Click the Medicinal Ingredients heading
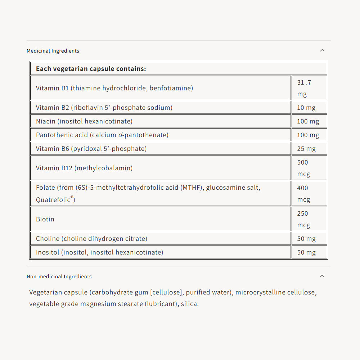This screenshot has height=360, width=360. click(x=53, y=51)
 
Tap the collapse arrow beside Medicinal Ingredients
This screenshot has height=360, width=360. click(x=322, y=50)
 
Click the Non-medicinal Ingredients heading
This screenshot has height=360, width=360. click(x=59, y=276)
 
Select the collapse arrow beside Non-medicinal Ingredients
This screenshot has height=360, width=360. click(x=322, y=276)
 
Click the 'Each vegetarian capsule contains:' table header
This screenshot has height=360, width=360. click(x=91, y=68)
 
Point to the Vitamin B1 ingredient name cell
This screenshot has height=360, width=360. click(x=114, y=88)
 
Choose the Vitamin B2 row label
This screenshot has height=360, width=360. click(x=104, y=107)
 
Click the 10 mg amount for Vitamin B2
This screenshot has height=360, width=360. click(x=306, y=108)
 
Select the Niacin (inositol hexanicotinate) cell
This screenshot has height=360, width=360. click(x=84, y=121)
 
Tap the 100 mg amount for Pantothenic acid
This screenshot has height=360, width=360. click(x=308, y=135)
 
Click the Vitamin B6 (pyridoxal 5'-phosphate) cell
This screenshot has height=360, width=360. click(x=91, y=148)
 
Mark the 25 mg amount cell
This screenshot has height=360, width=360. click(x=306, y=149)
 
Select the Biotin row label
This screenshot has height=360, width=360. click(x=45, y=219)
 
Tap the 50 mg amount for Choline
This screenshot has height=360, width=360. click(x=306, y=239)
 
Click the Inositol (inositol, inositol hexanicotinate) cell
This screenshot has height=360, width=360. click(x=99, y=252)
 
